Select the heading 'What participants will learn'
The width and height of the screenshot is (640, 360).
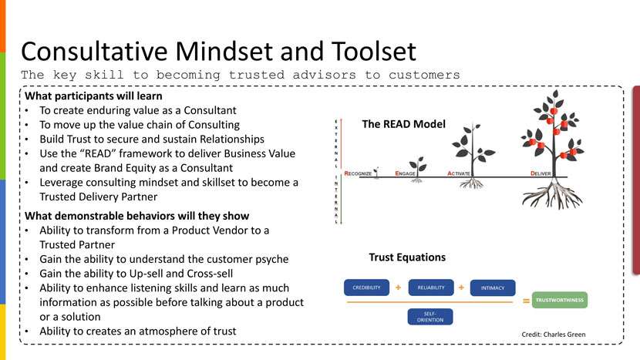94,97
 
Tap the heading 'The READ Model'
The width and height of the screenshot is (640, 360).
403,123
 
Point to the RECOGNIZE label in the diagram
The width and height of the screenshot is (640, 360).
359,174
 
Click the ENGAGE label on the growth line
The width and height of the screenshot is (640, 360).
406,174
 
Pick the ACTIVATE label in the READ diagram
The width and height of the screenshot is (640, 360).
460,174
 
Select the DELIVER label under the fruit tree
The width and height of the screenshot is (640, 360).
541,174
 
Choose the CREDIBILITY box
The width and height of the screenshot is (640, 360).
366,288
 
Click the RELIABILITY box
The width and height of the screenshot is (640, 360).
431,288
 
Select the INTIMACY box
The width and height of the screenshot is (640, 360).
492,288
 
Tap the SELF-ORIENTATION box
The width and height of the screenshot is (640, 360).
430,318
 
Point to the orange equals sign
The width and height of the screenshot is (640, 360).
526,301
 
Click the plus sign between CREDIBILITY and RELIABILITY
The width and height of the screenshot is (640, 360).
399,287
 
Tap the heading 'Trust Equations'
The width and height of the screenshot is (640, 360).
407,257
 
